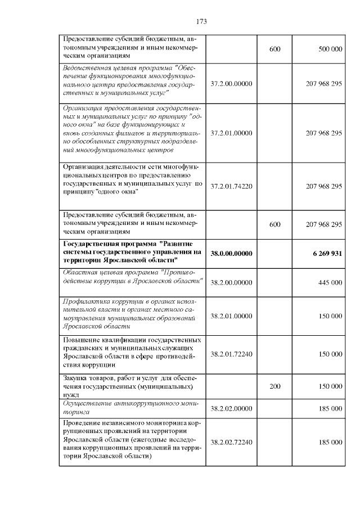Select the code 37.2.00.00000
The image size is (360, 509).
tap(231, 83)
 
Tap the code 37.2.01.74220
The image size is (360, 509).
tap(231, 186)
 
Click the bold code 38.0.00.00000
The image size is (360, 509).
tap(231, 254)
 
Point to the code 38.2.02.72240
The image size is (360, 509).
tap(231, 442)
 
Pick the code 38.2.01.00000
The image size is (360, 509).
tap(231, 316)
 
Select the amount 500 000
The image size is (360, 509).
tap(330, 49)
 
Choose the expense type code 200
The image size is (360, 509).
tap(274, 387)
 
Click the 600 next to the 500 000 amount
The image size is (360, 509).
tap(274, 49)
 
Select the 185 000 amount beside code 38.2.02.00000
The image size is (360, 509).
tap(330, 408)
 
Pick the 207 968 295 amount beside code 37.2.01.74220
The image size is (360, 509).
tap(323, 186)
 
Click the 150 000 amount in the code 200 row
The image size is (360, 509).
tap(330, 387)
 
